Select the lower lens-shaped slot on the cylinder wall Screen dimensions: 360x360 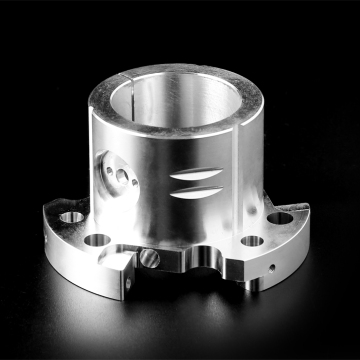pyautogui.click(x=191, y=193)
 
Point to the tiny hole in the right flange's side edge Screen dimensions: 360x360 pyautogui.click(x=275, y=269)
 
